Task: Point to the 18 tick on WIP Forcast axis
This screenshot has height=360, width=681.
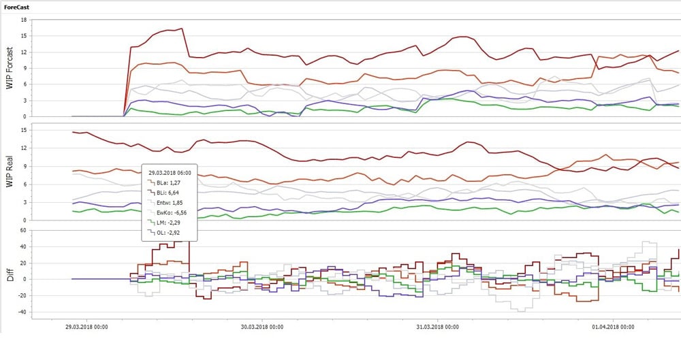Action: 22,19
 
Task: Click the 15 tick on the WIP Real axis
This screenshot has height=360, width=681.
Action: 22,129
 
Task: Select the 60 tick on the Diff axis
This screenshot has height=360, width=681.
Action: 22,230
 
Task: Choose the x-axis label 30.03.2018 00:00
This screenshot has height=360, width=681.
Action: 262,327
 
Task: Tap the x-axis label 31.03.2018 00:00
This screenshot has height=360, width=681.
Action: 437,327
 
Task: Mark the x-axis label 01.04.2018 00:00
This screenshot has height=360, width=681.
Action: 613,327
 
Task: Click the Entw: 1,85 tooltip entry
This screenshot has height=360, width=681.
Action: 170,202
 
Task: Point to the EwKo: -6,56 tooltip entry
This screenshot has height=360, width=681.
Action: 171,212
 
